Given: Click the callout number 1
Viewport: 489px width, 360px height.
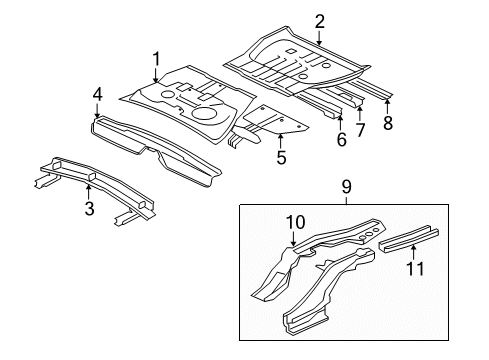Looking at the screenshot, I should pos(156,58).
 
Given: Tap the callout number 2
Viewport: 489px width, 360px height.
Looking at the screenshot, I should pos(319,20).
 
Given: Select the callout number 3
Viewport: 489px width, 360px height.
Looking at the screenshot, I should pos(89,208).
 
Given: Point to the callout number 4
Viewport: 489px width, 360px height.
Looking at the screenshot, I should pos(97,94).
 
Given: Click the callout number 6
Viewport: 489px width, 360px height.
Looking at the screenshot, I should pos(341,140).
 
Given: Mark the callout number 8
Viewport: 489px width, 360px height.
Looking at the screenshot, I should pos(389,124).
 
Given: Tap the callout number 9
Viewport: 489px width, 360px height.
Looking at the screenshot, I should pos(347,186).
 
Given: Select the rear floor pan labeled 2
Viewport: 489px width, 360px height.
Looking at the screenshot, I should pos(300,60).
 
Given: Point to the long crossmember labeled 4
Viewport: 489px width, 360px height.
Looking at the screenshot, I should pos(160,145).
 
